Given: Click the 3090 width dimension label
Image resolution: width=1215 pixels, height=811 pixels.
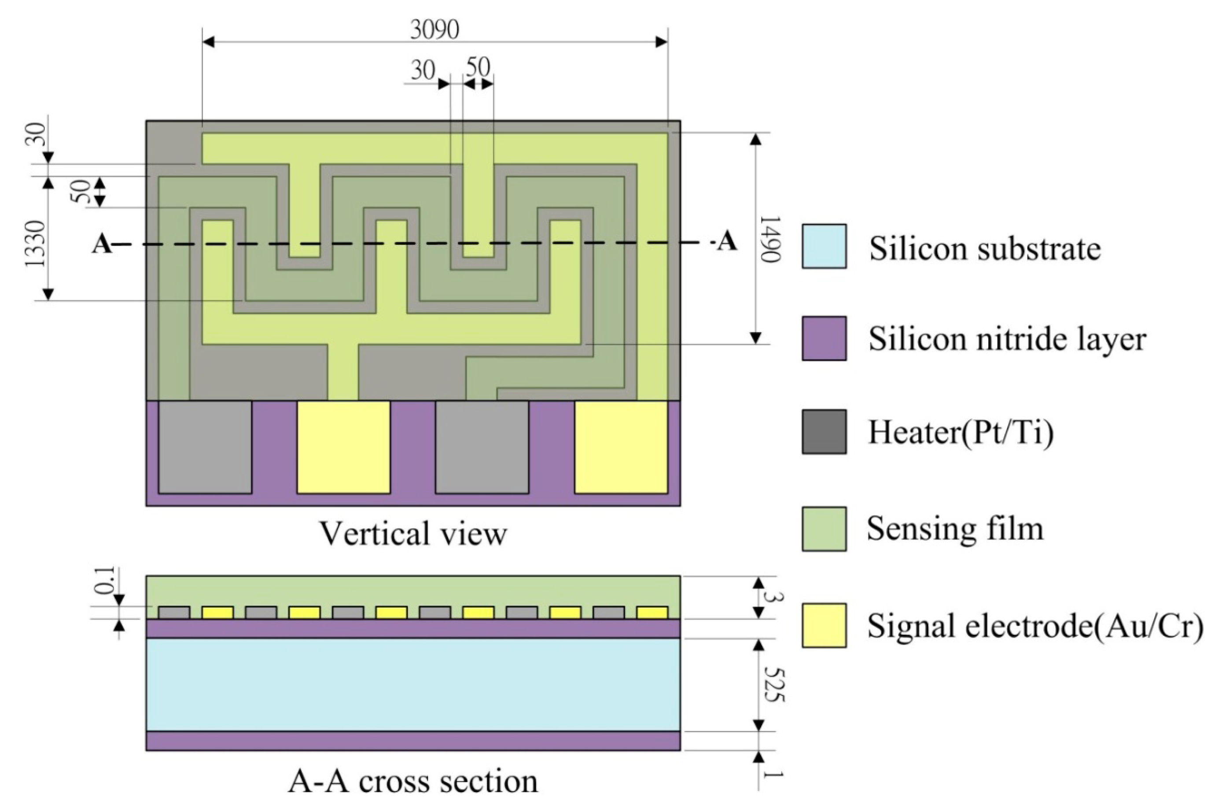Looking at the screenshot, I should click(434, 30).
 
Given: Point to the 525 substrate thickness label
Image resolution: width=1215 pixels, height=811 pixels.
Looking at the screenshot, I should click(773, 684).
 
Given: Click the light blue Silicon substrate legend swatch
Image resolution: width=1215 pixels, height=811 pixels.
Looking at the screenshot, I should click(824, 246).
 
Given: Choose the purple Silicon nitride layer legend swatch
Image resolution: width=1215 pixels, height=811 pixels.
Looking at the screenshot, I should click(824, 338).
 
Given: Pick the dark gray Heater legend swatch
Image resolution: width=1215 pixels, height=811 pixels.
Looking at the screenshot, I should click(824, 432).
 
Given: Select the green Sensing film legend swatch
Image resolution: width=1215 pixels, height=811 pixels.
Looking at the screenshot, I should click(824, 529).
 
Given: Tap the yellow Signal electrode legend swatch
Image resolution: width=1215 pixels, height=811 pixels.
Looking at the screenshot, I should click(824, 625).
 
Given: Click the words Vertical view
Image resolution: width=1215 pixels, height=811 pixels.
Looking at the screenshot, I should click(413, 534).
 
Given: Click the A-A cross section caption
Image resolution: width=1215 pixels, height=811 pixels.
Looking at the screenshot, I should click(413, 781).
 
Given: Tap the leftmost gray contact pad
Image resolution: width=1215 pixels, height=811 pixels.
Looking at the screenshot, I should click(205, 447).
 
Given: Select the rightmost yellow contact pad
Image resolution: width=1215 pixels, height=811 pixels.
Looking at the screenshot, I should click(621, 447).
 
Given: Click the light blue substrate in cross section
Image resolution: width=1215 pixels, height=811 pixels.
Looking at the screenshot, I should click(413, 684).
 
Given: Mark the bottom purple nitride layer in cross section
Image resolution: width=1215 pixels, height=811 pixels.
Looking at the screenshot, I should click(413, 741).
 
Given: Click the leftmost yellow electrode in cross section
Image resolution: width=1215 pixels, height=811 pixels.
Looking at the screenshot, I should click(217, 613).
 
